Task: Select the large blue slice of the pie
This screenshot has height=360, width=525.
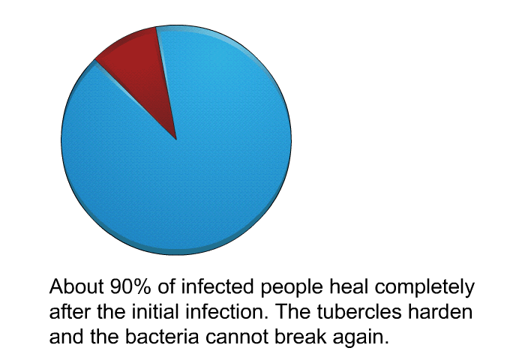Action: pos(187,167)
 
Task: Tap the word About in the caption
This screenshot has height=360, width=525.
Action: pos(76,287)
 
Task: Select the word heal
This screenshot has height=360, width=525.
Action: pos(349,287)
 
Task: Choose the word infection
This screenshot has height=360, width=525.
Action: pos(227,312)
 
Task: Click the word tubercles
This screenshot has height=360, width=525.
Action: pos(359,312)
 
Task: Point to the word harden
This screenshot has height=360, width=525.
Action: pos(440,312)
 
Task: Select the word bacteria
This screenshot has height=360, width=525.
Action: pos(163,337)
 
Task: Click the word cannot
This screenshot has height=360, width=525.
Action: pos(237,337)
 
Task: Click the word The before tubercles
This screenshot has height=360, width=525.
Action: pos(293,312)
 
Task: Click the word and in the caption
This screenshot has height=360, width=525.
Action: pos(67,337)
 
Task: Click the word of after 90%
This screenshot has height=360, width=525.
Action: pos(166,287)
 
